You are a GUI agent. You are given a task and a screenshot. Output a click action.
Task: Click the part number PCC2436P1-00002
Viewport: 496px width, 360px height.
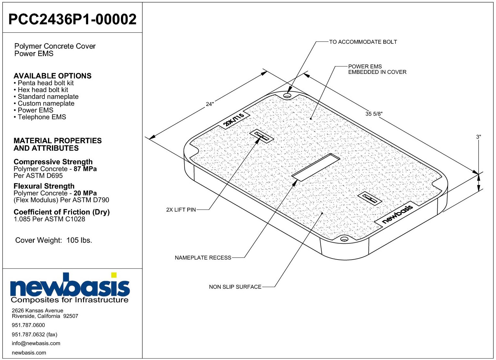(x=72, y=19)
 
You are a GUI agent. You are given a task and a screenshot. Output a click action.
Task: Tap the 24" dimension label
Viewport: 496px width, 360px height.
(x=210, y=104)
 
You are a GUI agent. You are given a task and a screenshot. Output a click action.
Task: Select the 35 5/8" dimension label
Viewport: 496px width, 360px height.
(x=374, y=114)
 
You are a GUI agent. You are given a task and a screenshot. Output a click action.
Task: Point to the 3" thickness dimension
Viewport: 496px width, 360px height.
(x=478, y=137)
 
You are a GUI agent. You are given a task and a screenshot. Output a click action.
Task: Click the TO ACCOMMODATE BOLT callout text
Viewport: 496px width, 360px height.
(x=363, y=42)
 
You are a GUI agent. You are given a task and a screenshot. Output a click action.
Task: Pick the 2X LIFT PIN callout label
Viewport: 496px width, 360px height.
(x=181, y=210)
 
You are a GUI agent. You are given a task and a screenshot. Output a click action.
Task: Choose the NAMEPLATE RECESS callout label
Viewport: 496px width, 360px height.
(x=203, y=258)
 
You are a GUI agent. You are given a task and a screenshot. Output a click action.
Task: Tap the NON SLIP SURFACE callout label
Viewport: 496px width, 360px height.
(x=235, y=287)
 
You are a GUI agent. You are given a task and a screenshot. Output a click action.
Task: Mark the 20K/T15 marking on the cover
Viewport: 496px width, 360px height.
(x=234, y=120)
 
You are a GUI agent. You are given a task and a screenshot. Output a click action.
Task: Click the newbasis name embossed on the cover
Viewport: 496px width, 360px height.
(x=397, y=214)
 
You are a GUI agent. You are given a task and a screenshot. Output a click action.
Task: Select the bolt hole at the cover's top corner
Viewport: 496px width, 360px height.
(x=287, y=96)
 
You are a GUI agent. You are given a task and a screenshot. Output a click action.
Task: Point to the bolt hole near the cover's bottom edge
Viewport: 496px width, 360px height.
(x=344, y=239)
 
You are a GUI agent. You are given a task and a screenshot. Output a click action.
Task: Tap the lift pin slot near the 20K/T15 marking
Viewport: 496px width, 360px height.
(x=262, y=136)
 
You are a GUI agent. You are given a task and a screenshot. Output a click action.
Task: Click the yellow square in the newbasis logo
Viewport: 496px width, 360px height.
(x=114, y=275)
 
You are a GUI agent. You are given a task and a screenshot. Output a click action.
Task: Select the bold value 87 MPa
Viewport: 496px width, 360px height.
(x=85, y=169)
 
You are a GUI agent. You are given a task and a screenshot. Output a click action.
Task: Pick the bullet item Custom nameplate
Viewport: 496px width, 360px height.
(x=46, y=103)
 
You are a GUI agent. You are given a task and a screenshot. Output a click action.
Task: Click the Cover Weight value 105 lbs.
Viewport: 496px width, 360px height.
(x=79, y=240)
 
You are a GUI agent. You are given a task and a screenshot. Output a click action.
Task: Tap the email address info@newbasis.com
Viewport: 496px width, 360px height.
(x=36, y=343)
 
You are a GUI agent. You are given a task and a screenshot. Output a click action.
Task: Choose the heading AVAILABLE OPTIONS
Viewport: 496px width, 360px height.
(x=53, y=76)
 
